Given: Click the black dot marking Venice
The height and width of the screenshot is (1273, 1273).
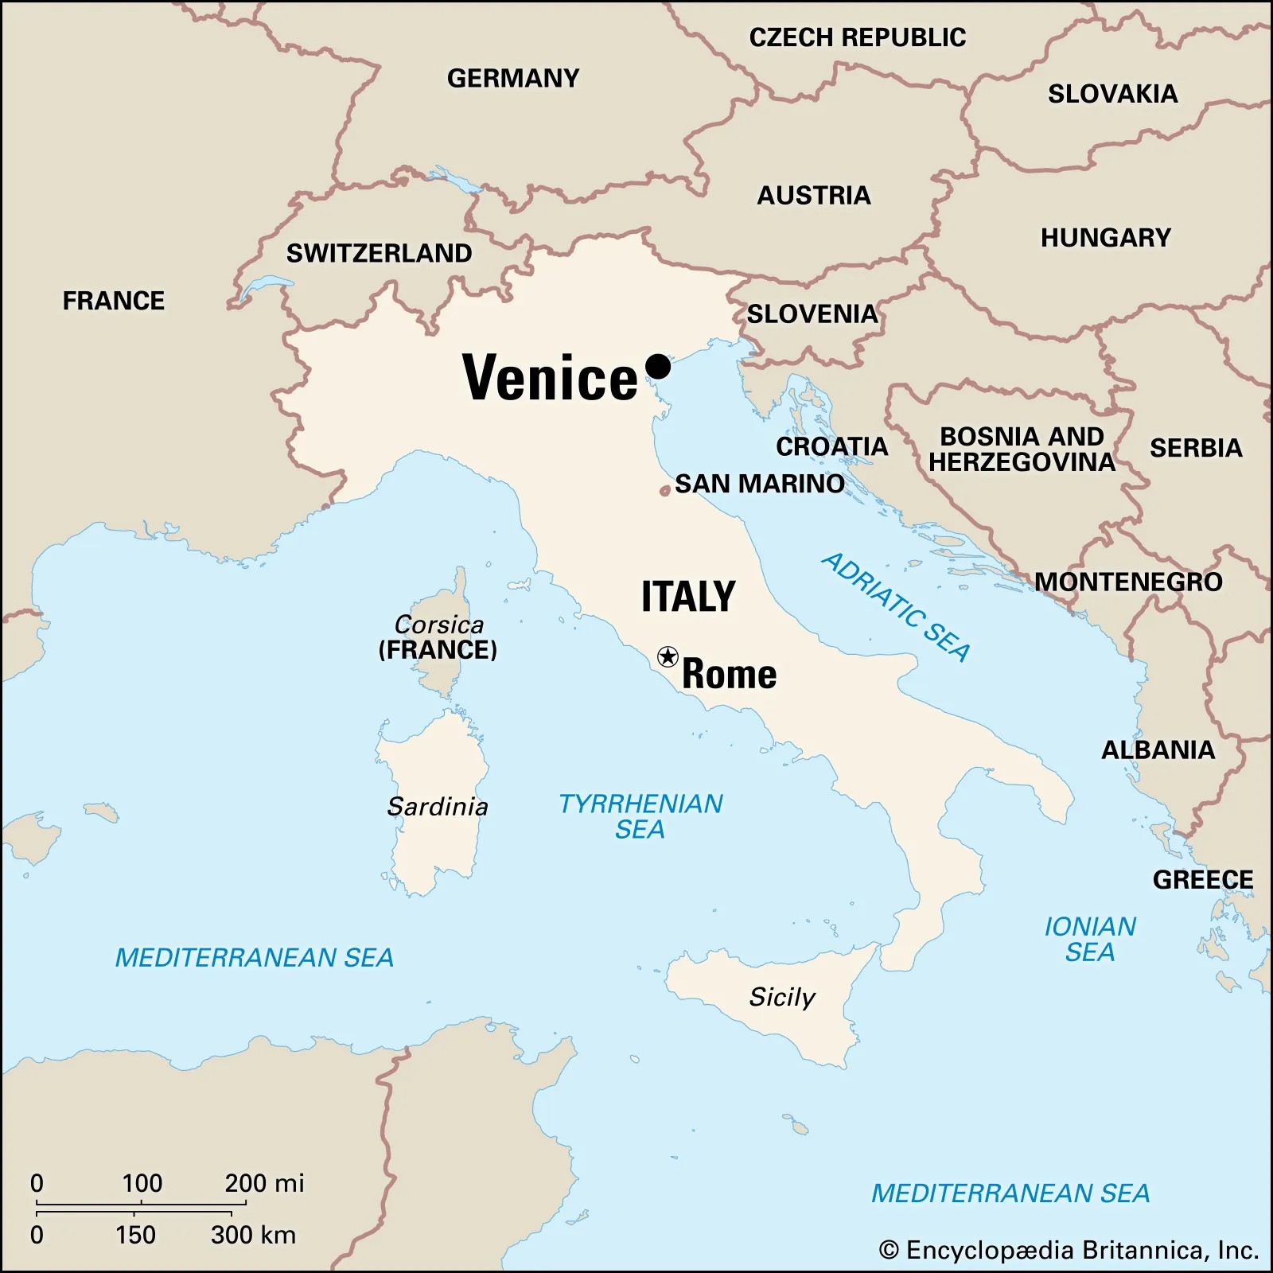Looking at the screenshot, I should point(658,367).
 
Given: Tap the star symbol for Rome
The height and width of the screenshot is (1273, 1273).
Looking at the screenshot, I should point(668,656).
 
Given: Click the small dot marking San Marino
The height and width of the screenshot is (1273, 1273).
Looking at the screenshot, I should point(664,492).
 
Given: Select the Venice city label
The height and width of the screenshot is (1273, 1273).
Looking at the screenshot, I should point(550,378).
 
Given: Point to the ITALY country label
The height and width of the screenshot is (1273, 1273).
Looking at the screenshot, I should point(688,597).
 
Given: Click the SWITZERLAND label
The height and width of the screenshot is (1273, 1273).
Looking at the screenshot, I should point(379,253).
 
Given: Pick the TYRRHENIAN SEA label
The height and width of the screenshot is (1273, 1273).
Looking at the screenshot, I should point(640,816).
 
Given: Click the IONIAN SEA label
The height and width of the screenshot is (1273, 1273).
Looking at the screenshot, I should point(1089,939).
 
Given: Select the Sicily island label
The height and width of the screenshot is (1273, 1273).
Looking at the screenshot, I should point(782,997).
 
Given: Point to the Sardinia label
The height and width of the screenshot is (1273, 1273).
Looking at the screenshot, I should point(438,807).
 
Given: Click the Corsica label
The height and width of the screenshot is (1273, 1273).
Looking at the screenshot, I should point(438,625).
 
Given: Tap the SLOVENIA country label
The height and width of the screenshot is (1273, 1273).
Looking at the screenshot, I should point(812,313).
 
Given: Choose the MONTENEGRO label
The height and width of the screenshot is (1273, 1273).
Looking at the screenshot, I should point(1128,582).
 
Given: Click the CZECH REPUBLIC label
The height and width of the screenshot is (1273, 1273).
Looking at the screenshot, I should point(857,37).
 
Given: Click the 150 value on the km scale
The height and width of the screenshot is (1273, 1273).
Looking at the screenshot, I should point(135,1235).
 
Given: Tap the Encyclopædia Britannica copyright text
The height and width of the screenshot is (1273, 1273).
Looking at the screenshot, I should point(1069,1250).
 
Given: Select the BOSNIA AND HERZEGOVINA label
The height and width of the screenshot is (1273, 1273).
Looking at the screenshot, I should point(1022,450).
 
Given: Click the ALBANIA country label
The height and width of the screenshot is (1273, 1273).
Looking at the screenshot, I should point(1158,749).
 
